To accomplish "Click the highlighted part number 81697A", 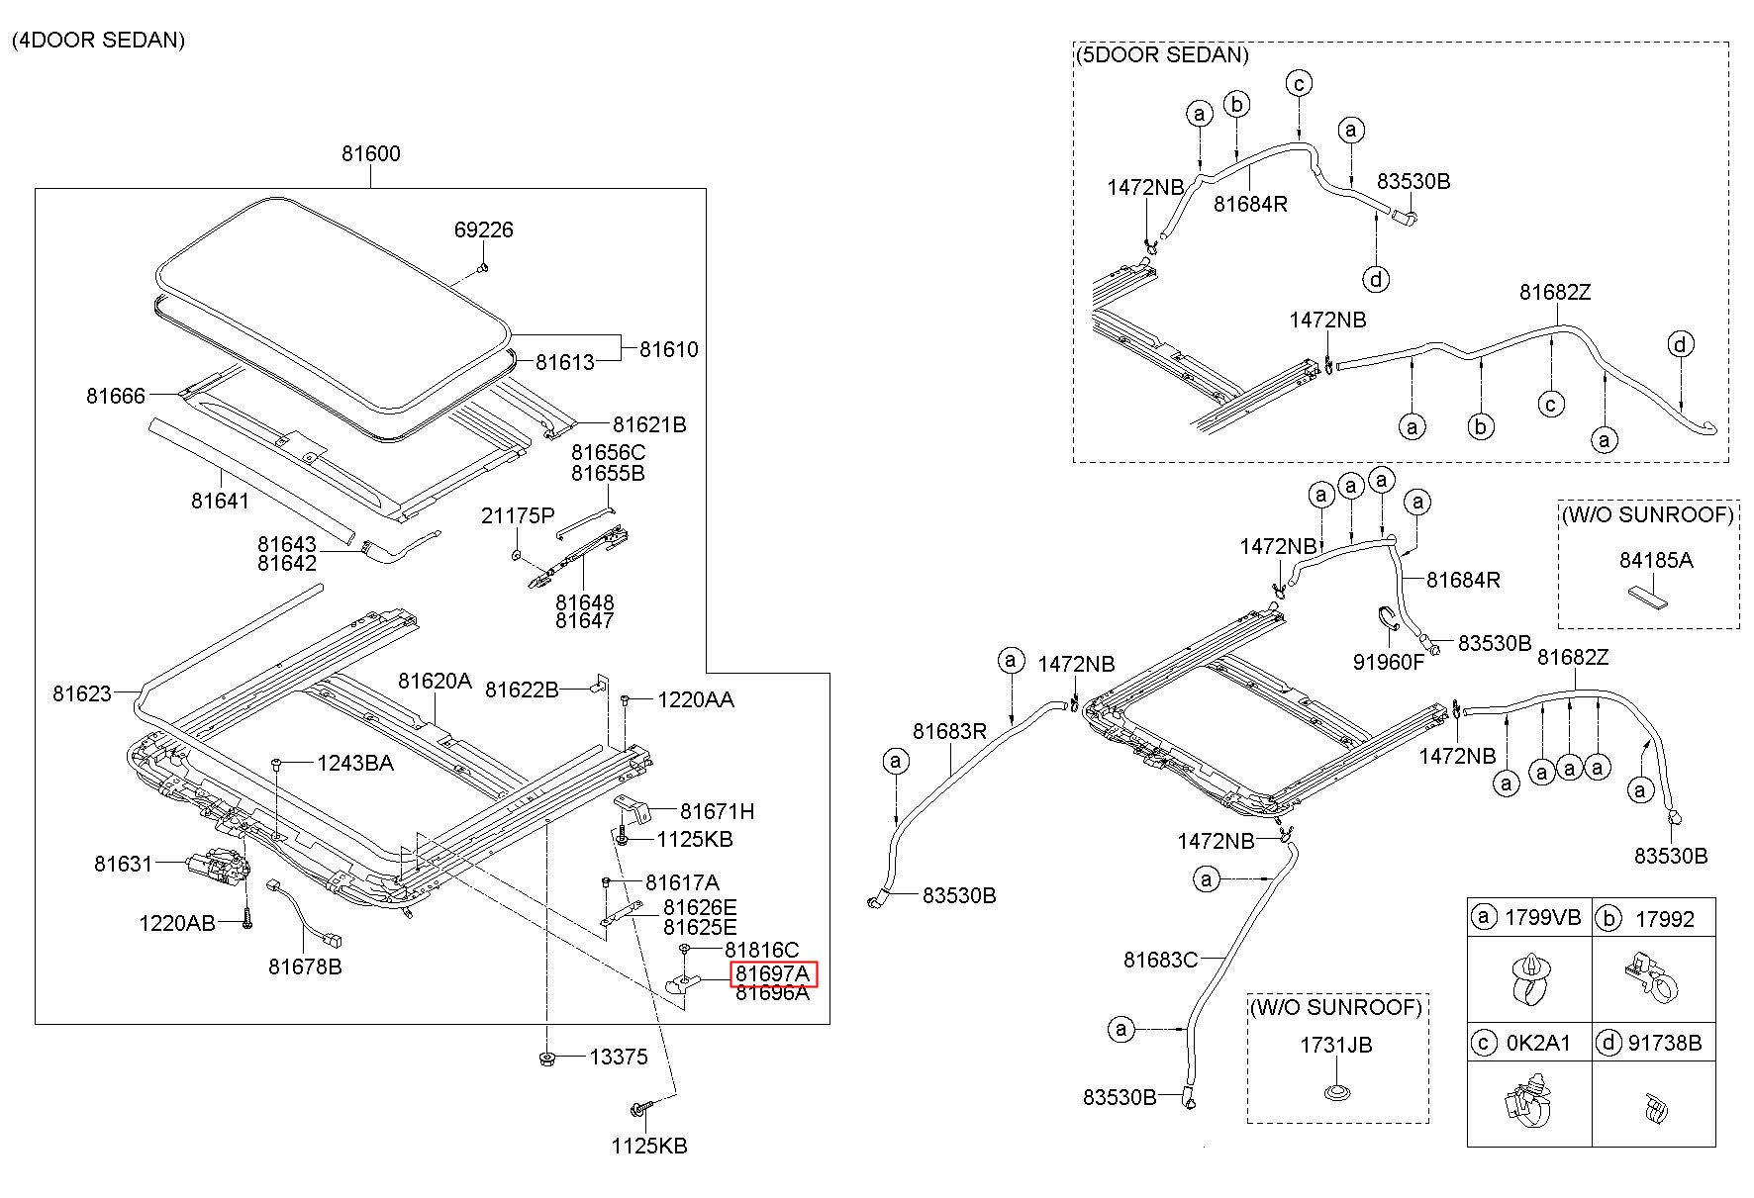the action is click(x=772, y=974).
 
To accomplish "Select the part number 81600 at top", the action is click(x=371, y=153).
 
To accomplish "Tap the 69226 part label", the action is click(x=483, y=230).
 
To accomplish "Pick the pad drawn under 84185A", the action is click(x=1647, y=596).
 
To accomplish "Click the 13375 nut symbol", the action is click(x=545, y=1060).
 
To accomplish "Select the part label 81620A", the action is click(x=436, y=681).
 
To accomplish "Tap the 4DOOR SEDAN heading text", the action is click(x=98, y=41).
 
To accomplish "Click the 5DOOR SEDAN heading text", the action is click(x=1162, y=54).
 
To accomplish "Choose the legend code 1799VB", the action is click(x=1543, y=917).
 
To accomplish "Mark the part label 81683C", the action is click(x=1161, y=959).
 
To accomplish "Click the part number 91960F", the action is click(x=1388, y=662).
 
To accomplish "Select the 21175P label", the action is click(x=518, y=515).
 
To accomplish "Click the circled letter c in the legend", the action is click(x=1483, y=1043).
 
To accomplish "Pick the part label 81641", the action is click(x=221, y=501).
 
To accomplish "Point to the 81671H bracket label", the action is click(x=717, y=811).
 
